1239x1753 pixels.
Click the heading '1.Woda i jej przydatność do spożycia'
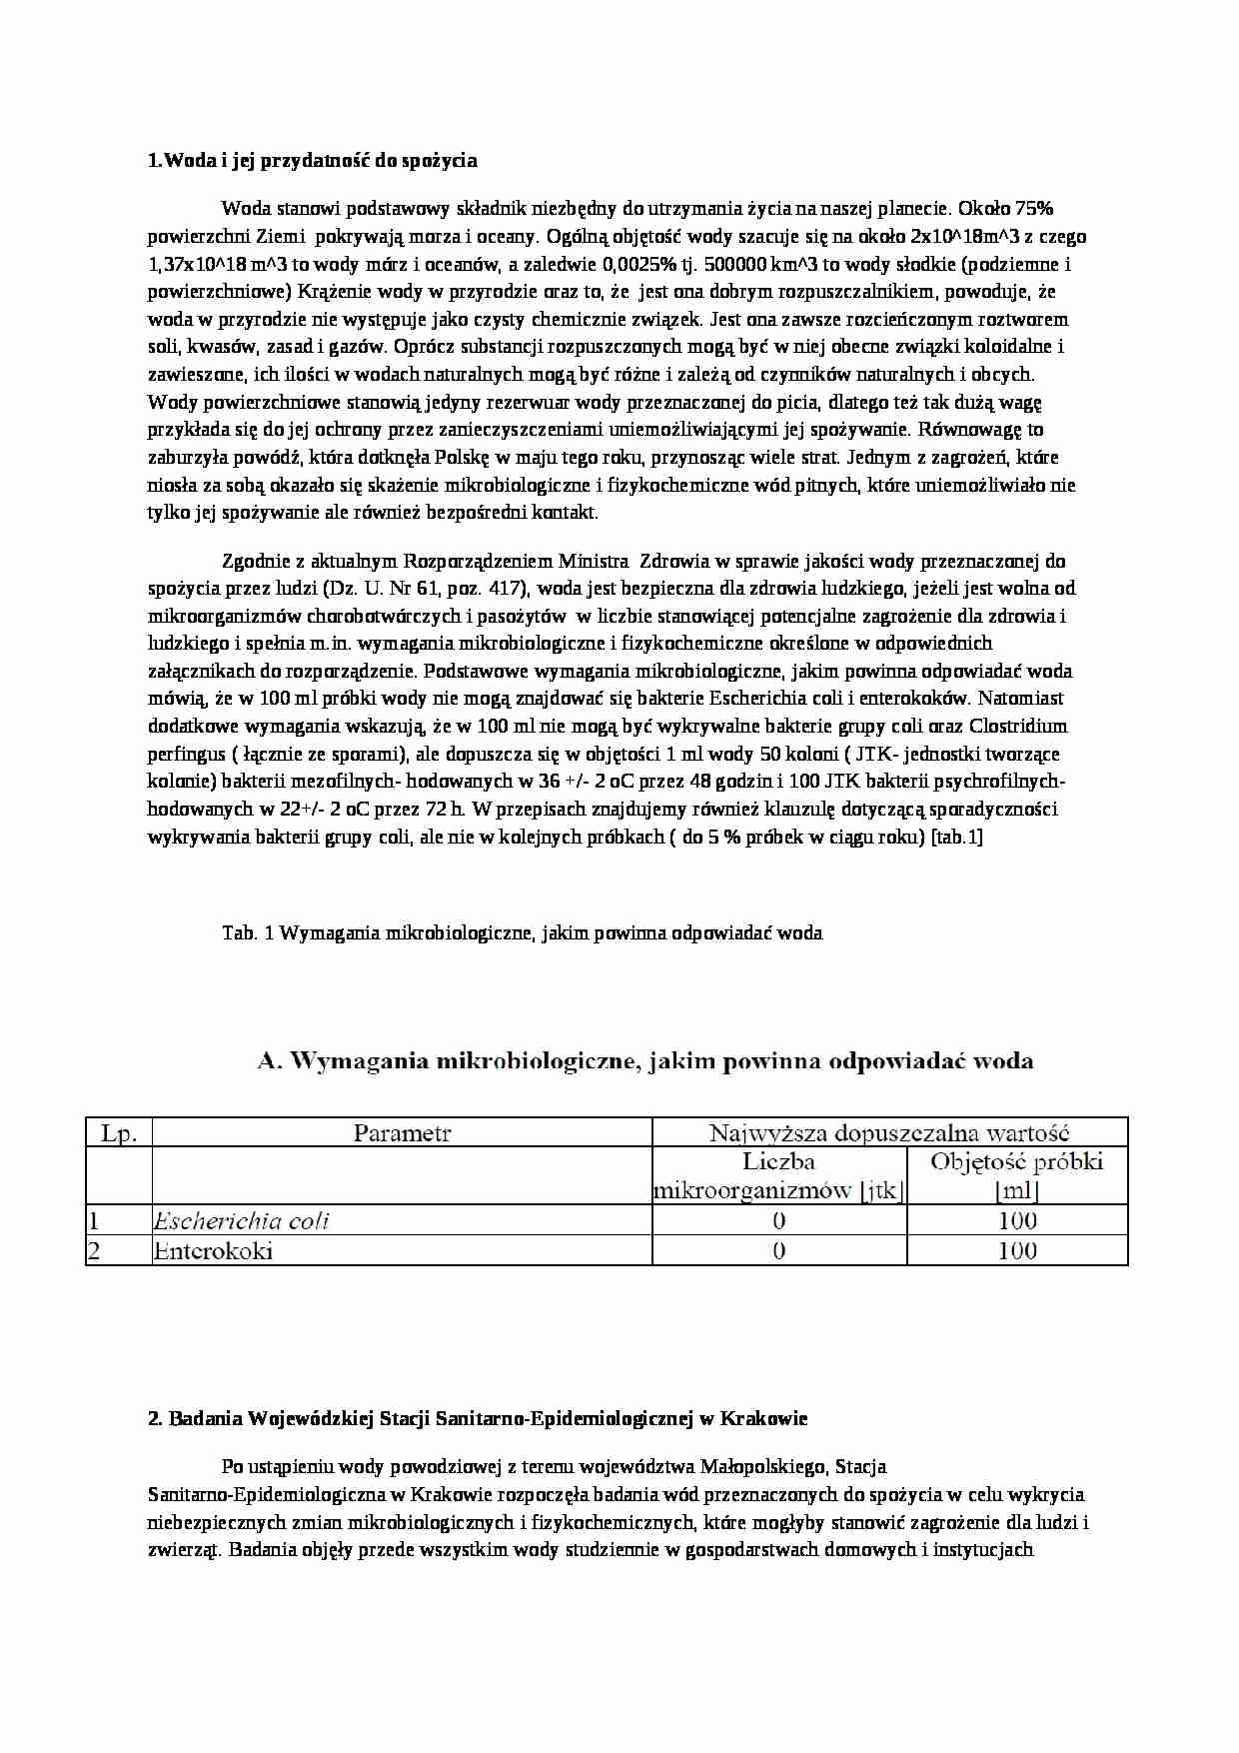pos(312,160)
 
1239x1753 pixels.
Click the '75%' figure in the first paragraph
pos(1034,209)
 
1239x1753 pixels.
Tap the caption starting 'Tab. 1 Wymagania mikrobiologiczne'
pos(522,932)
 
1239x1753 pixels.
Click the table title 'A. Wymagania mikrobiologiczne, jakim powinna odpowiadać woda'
pos(644,1061)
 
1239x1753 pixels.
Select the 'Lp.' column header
pos(119,1133)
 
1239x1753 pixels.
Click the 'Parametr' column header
pos(402,1133)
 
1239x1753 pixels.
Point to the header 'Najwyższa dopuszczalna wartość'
pos(889,1133)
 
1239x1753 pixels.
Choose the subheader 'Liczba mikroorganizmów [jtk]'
pos(778,1176)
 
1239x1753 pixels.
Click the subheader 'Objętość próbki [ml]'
pos(1016,1176)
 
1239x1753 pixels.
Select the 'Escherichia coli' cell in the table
pos(241,1220)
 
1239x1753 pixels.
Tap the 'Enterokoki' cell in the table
pos(213,1250)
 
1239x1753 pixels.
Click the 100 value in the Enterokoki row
pos(1016,1250)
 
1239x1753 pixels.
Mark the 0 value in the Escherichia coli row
pos(779,1220)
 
